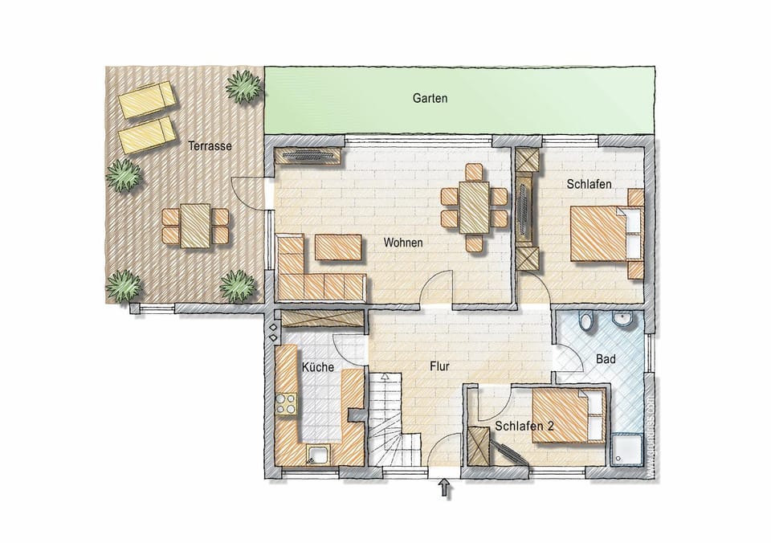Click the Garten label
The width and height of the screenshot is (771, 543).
(430, 99)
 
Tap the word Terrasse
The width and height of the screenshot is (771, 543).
(210, 146)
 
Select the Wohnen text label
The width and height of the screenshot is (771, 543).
(403, 242)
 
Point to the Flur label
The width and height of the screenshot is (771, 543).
(439, 366)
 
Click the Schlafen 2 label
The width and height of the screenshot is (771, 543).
(524, 426)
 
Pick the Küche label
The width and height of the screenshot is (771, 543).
(317, 367)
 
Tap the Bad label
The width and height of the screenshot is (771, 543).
(606, 359)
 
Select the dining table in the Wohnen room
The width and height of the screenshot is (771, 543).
(474, 208)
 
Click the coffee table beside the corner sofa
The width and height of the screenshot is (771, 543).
(338, 247)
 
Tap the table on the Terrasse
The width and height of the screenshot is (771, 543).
(195, 225)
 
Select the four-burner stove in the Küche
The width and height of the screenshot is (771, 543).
(286, 403)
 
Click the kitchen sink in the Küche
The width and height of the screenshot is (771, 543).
(318, 455)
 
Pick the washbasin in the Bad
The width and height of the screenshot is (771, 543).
(622, 321)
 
